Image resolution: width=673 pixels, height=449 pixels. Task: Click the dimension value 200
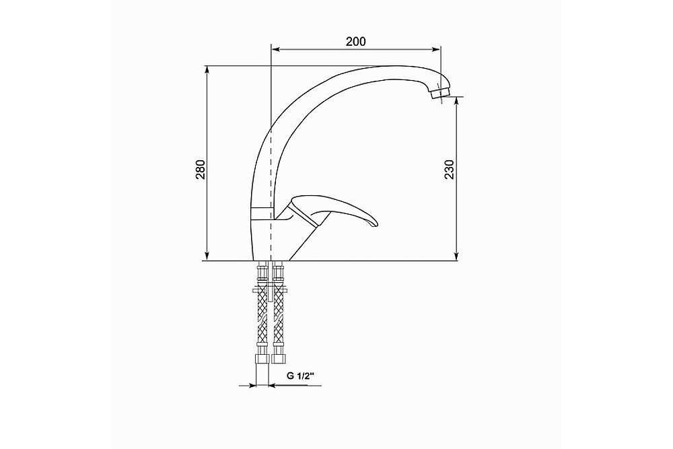(x=355, y=42)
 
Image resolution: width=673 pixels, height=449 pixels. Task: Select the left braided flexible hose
(x=261, y=323)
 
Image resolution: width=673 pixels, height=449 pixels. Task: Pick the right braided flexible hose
(x=278, y=323)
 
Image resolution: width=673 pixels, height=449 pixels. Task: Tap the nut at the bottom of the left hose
(x=261, y=357)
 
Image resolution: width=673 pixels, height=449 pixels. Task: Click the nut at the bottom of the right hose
(x=278, y=357)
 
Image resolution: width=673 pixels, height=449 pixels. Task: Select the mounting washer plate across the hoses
(x=269, y=291)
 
